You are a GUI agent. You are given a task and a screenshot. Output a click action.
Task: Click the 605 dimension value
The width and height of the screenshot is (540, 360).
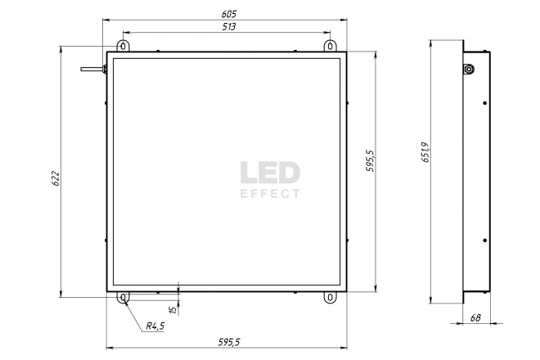click(229, 14)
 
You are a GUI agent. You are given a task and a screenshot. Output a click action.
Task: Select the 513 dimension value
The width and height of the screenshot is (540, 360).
click(229, 26)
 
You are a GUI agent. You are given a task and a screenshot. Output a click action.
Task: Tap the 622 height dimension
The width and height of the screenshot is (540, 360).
click(56, 178)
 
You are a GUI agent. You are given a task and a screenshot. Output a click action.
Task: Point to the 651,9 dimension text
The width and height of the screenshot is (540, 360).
click(425, 152)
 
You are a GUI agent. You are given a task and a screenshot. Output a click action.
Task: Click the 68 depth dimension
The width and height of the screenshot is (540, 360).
click(475, 317)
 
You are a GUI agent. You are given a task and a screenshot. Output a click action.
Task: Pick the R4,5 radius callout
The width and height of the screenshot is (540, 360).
click(155, 326)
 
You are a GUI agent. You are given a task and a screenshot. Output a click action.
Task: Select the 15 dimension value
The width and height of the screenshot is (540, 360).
click(174, 309)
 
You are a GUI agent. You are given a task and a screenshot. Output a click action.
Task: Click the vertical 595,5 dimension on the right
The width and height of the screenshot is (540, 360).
click(370, 160)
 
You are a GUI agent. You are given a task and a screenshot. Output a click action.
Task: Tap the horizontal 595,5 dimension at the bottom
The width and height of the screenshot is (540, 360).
click(229, 342)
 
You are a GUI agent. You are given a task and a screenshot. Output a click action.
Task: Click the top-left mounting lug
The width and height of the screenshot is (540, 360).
click(123, 46)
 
